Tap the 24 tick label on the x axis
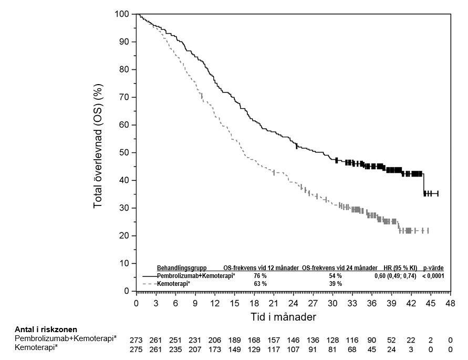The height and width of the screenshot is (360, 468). coord(294,303)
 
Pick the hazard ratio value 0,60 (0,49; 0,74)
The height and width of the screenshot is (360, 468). coord(395,276)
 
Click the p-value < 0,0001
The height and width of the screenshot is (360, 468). coord(433,276)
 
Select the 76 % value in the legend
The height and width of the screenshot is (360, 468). coord(260,276)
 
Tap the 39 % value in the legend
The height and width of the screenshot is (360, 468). coord(335,284)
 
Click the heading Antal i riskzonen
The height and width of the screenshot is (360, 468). coord(46,330)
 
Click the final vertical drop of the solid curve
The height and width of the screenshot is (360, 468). coord(424,184)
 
